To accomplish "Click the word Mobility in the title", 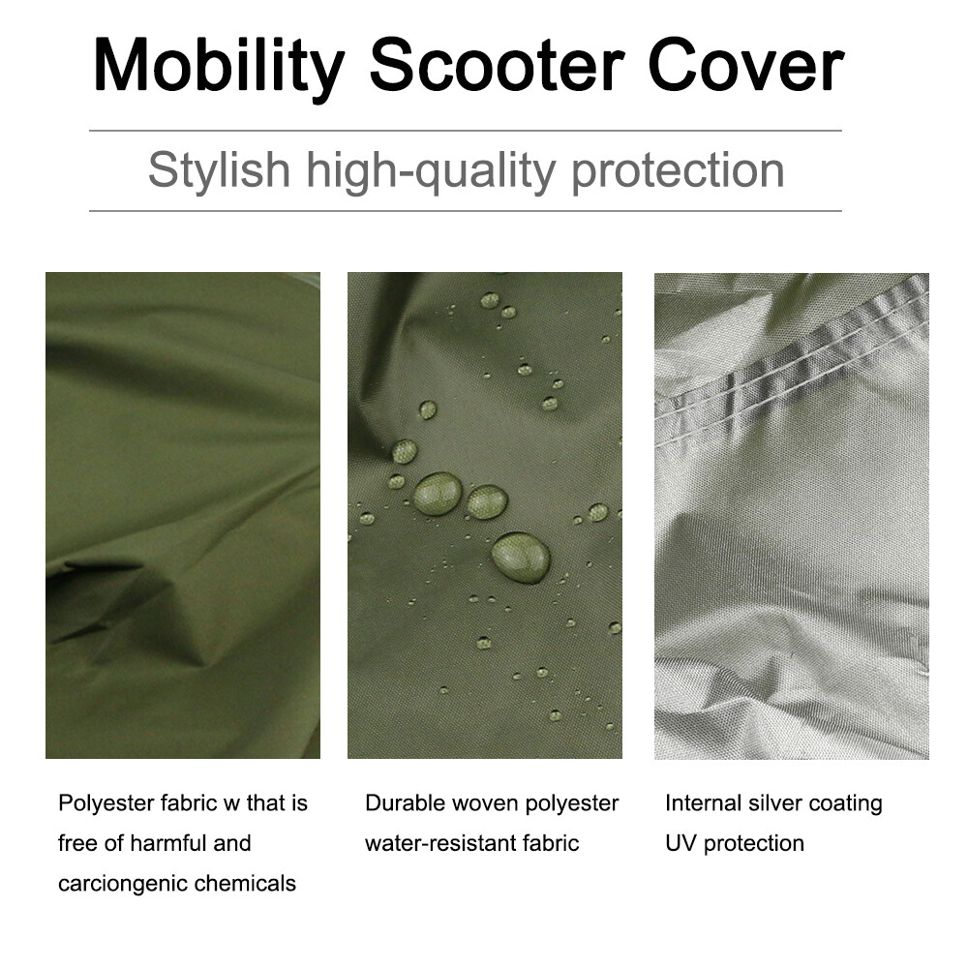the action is coord(219,67).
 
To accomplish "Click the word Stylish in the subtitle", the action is coord(219,171).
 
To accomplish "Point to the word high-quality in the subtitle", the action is coord(431,171).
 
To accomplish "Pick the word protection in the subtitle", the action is coord(678,171).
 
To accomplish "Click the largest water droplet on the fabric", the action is coord(521,558).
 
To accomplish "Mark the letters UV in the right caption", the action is coord(681,843).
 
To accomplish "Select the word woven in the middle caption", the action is coord(485,803).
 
